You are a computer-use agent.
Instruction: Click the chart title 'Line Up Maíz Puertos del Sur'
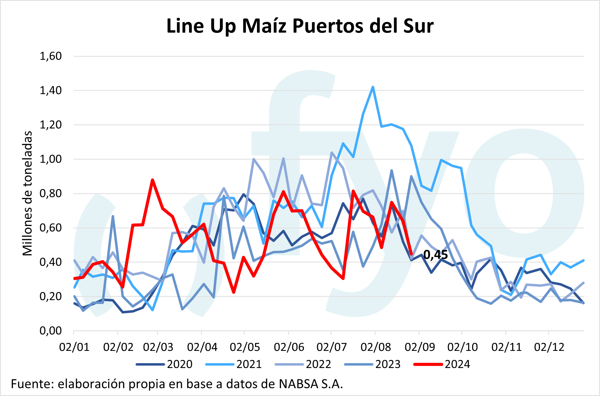point(300,26)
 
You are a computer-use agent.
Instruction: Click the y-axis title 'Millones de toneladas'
point(28,193)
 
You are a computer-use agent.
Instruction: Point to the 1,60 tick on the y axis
point(51,56)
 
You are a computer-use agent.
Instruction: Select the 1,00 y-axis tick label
point(51,159)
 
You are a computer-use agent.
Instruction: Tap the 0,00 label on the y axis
point(51,331)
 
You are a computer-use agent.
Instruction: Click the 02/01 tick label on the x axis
point(74,347)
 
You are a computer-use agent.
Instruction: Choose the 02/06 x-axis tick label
point(289,347)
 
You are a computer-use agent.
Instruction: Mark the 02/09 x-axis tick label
point(420,347)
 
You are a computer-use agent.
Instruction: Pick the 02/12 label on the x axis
point(549,347)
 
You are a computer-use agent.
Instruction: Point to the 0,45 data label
point(436,254)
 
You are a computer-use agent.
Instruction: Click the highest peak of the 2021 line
point(373,87)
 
